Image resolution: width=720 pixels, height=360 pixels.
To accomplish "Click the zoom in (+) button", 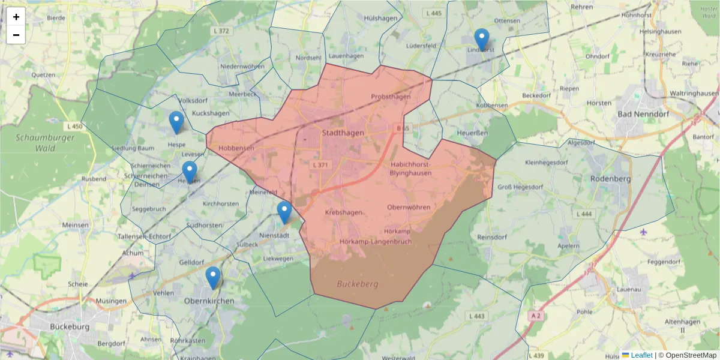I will [x=16, y=17].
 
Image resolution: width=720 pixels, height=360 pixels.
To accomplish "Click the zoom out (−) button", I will [x=16, y=35].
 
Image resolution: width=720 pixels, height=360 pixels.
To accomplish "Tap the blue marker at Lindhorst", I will [x=481, y=40].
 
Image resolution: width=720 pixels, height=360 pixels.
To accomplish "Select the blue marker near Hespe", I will [x=176, y=122].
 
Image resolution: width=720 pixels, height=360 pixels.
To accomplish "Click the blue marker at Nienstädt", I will [x=284, y=212].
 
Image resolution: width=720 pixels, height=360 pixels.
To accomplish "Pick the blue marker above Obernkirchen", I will [x=212, y=278].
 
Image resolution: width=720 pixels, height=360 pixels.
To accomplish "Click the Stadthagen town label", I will [x=343, y=133].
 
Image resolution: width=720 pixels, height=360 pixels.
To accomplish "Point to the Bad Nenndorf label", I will [x=642, y=113].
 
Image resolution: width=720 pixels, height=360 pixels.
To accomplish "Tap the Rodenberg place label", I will [x=611, y=178].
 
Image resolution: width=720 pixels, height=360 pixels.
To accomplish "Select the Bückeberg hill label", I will [x=358, y=284].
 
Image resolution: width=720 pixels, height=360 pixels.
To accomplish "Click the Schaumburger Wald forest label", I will [x=36, y=142].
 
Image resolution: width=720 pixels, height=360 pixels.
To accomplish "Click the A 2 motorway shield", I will [x=536, y=315].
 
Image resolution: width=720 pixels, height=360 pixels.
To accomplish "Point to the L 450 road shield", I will [x=75, y=127].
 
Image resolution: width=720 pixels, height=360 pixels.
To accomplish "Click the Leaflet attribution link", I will [x=641, y=355].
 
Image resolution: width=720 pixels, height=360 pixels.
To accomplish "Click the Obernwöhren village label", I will [x=409, y=208].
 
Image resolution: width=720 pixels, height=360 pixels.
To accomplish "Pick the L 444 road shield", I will [x=583, y=214].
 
